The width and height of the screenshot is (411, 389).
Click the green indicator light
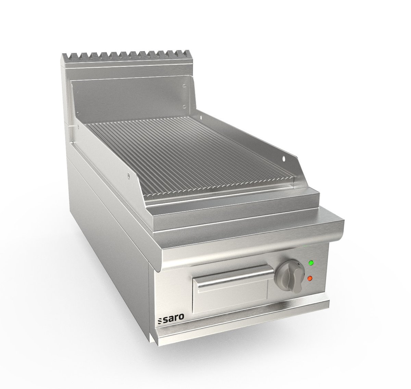click(311, 263)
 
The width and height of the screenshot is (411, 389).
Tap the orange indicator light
click(310, 279)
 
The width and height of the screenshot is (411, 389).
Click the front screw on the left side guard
click(129, 176)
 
